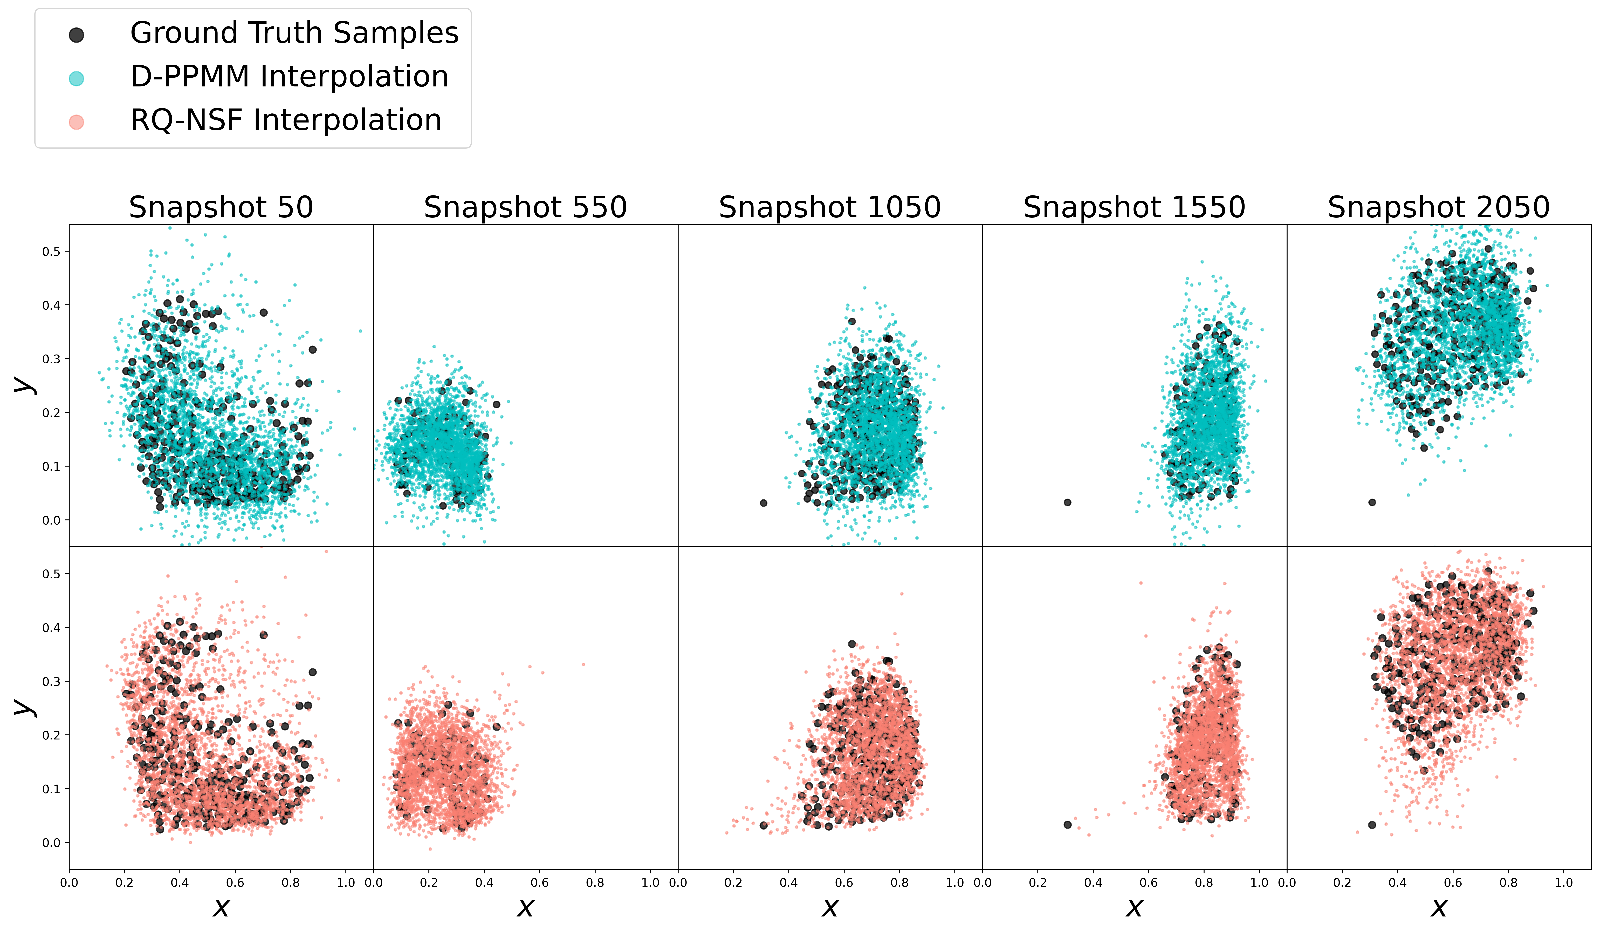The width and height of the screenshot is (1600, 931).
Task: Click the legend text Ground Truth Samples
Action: [294, 33]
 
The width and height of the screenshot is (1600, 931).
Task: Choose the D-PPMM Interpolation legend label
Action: [289, 77]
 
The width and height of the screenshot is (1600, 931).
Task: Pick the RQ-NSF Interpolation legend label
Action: [286, 120]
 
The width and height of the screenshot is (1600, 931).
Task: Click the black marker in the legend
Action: [76, 35]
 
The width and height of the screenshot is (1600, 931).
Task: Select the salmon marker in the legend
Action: [76, 122]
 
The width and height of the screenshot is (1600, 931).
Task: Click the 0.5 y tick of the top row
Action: [51, 252]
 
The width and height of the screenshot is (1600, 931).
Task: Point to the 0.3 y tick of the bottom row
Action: [51, 681]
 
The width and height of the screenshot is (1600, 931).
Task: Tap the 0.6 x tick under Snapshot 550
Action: [540, 883]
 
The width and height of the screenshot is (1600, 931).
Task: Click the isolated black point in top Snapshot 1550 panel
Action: [1067, 502]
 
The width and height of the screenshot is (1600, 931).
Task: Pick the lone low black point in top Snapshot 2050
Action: [1372, 502]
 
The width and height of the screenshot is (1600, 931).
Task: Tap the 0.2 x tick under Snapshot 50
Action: [125, 883]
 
